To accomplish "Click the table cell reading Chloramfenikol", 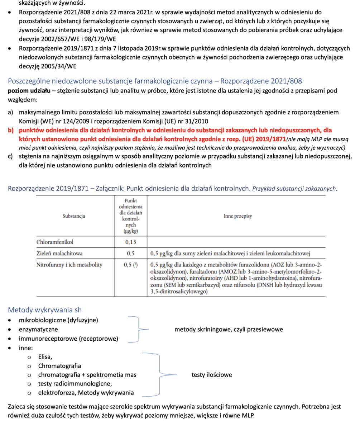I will click(57, 242).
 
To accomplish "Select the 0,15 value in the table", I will click(131, 242).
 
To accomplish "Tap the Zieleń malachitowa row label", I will click(59, 254).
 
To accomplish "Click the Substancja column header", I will click(73, 216).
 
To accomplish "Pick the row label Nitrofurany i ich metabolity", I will click(69, 265).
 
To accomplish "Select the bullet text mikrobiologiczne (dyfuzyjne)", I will click(58, 320).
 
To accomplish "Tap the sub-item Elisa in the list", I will click(45, 357).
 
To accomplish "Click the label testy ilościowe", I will click(212, 375).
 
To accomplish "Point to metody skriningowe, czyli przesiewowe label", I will click(229, 329).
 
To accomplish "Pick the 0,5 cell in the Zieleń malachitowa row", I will click(131, 254).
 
